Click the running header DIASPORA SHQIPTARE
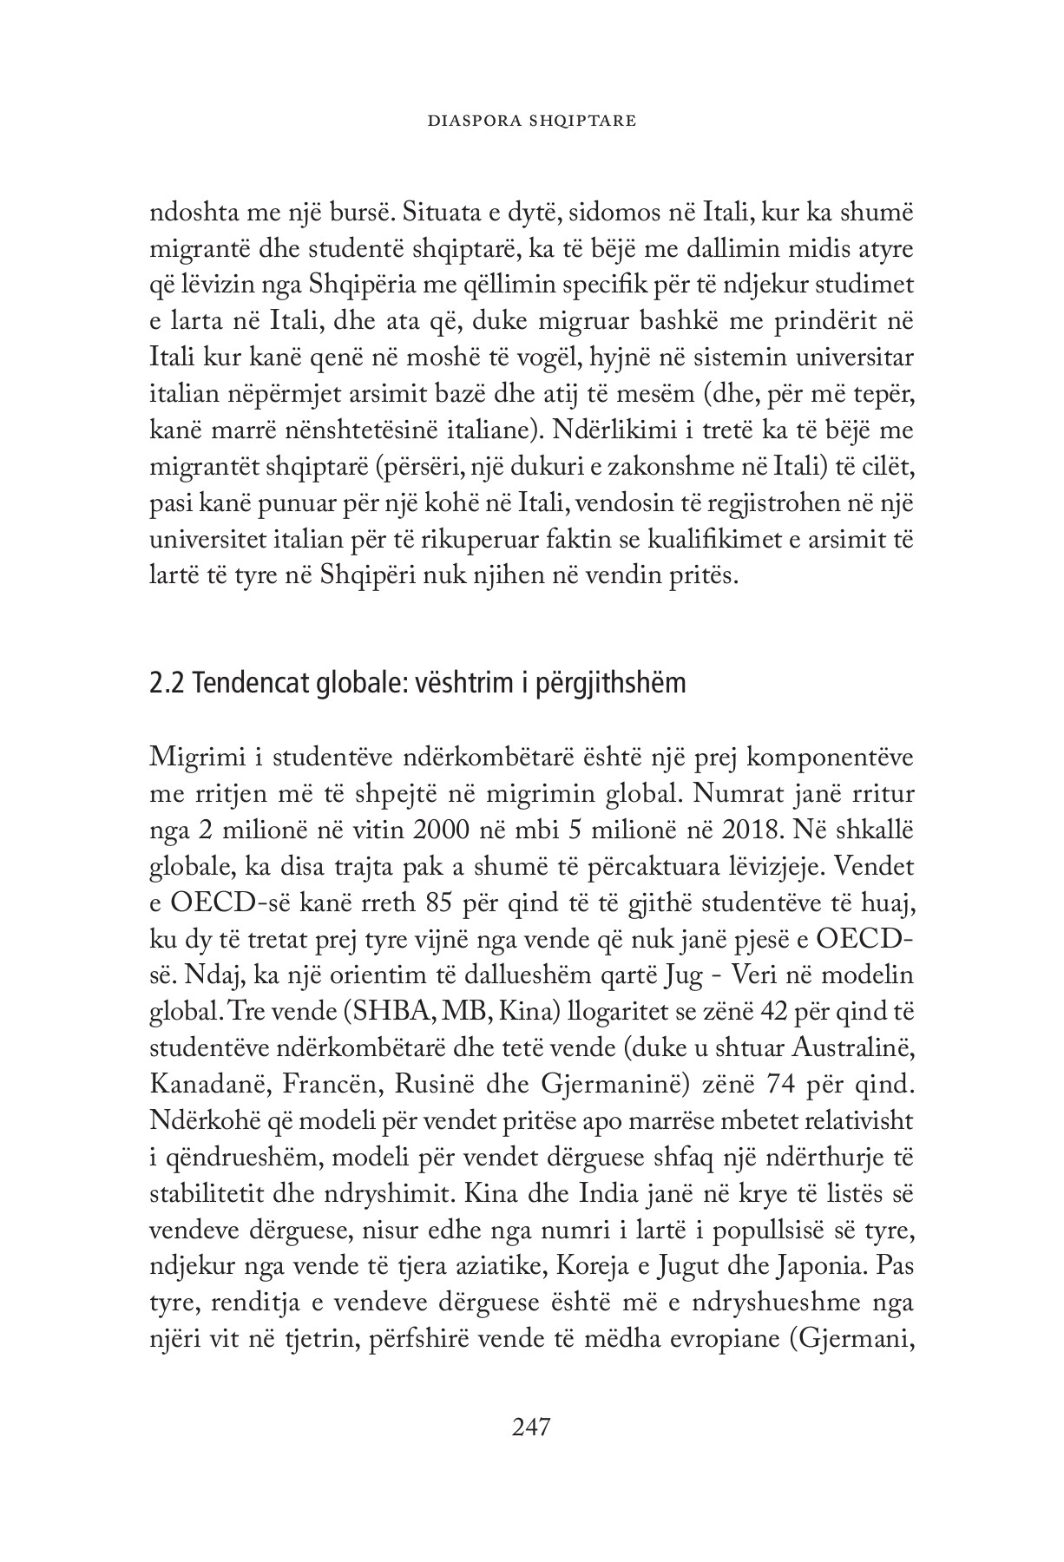(x=532, y=121)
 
